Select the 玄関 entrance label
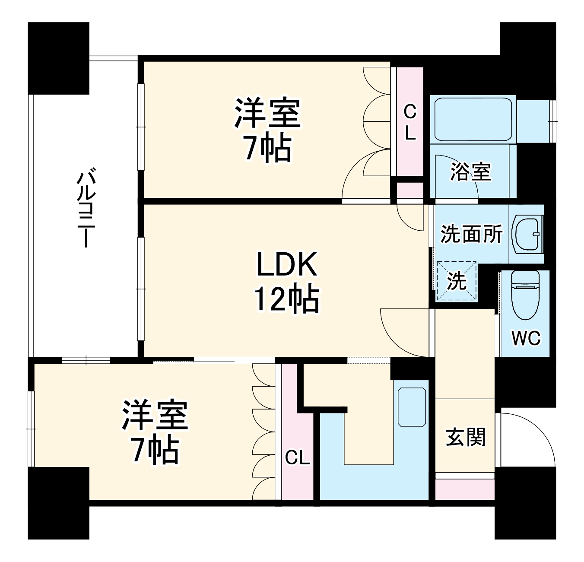(466, 437)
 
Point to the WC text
(526, 337)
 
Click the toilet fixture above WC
(525, 294)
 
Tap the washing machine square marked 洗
(457, 281)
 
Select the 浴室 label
(470, 171)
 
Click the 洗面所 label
(471, 234)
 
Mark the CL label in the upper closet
(409, 123)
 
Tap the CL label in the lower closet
(297, 457)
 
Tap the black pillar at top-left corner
(58, 58)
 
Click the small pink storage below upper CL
(409, 190)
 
